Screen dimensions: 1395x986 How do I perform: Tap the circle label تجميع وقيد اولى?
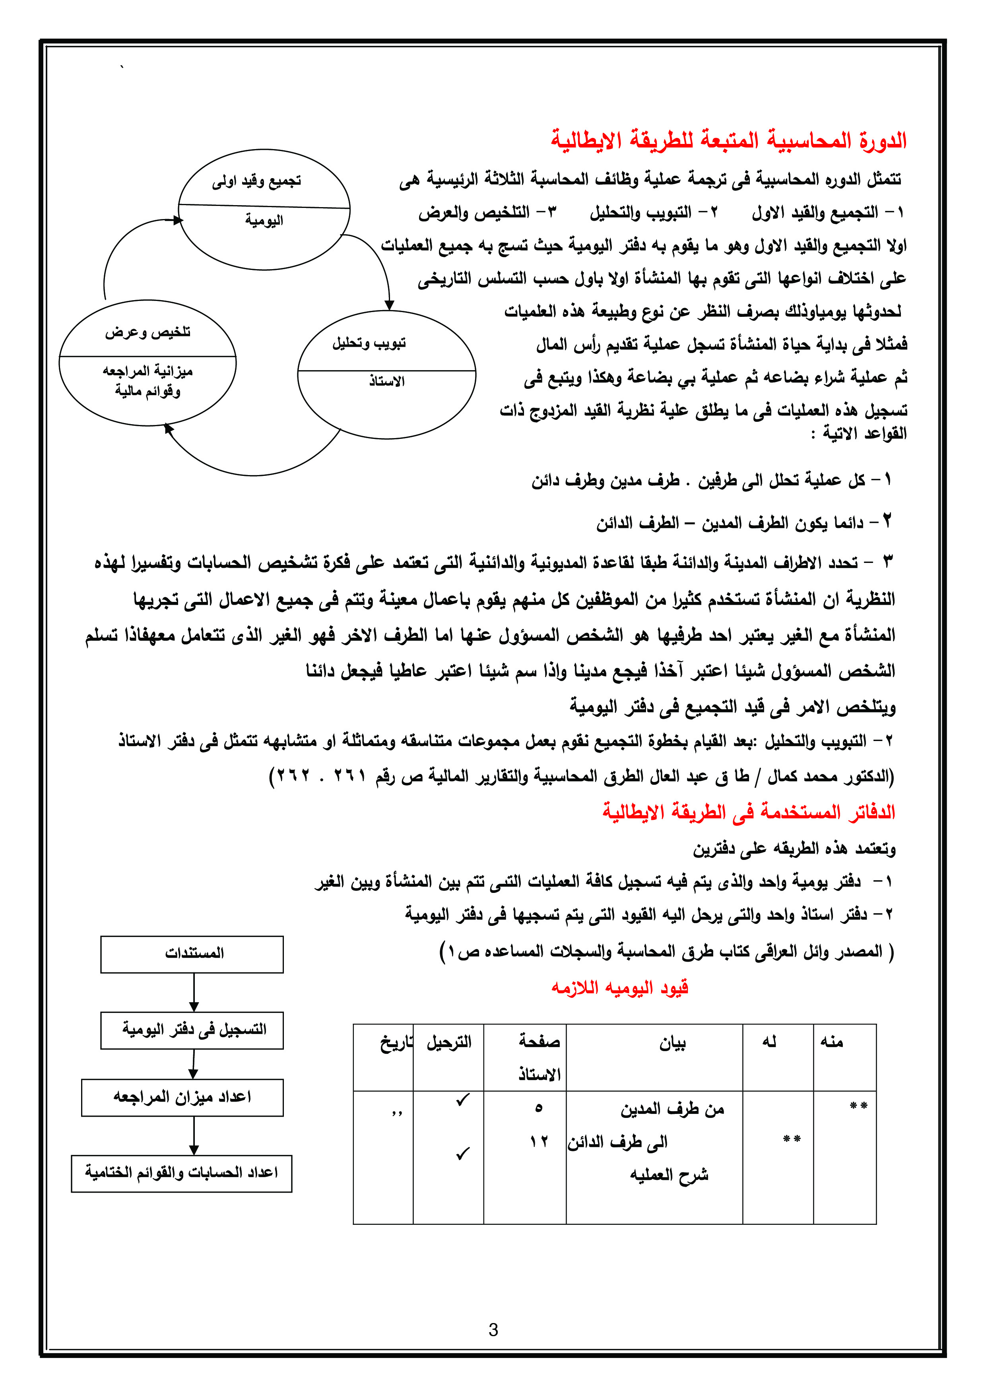click(x=256, y=181)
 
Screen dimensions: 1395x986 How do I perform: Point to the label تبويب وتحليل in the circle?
click(x=369, y=343)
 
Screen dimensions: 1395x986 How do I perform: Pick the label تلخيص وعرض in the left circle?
click(x=147, y=332)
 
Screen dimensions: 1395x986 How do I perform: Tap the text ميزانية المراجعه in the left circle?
click(x=148, y=371)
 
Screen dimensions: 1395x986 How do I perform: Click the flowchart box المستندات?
click(x=192, y=953)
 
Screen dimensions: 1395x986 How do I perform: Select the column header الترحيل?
click(x=448, y=1043)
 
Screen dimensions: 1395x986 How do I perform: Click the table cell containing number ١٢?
click(x=538, y=1142)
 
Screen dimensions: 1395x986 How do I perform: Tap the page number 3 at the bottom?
click(x=493, y=1330)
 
